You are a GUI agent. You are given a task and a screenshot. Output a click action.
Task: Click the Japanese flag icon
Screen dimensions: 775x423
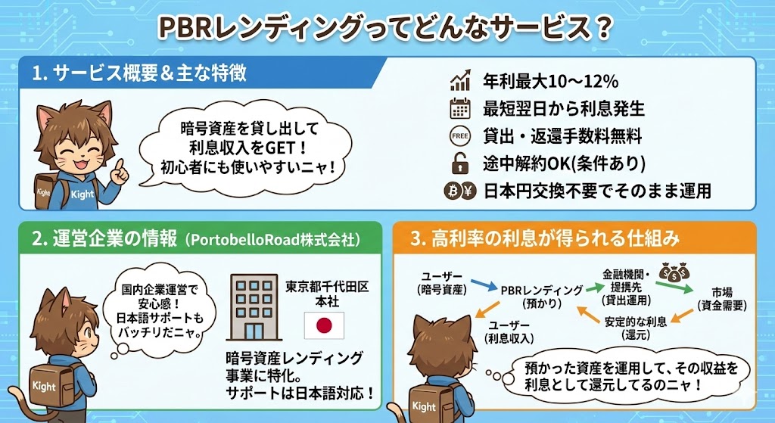coord(324,325)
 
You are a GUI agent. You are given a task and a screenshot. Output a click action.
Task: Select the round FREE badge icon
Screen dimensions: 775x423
coord(459,136)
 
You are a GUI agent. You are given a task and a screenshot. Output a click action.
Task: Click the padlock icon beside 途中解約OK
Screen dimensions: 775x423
coord(459,163)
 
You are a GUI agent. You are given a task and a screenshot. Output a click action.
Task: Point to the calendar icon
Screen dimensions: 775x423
coord(459,108)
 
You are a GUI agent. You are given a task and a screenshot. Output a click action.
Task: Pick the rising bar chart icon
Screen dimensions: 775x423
coord(460,80)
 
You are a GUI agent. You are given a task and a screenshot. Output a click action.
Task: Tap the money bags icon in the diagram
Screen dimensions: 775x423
coord(674,272)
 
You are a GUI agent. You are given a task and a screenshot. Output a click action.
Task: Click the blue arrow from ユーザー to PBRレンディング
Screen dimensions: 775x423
coord(484,285)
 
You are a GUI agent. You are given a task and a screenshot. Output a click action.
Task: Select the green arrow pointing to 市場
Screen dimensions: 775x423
coord(674,288)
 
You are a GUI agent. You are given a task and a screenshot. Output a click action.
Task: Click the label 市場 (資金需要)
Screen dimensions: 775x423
coord(722,299)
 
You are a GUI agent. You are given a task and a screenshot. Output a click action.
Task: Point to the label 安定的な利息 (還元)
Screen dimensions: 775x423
coord(636,328)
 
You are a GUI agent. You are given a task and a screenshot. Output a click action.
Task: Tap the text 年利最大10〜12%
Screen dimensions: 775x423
coord(551,81)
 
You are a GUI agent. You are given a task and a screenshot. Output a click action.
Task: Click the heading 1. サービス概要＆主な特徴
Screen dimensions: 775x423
coord(139,73)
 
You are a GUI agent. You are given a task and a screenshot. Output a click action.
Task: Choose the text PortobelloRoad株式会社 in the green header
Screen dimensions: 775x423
coord(272,239)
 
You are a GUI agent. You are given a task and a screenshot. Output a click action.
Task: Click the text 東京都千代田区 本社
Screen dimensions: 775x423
coord(327,294)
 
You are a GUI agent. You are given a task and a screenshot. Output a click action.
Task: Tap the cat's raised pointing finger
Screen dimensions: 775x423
coord(120,166)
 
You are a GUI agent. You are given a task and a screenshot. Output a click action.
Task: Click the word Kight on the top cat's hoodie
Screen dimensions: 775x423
coord(82,194)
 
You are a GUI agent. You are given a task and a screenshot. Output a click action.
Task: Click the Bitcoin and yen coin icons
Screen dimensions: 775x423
coord(459,191)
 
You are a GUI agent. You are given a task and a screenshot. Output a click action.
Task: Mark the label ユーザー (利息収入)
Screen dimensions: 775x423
coord(509,332)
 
